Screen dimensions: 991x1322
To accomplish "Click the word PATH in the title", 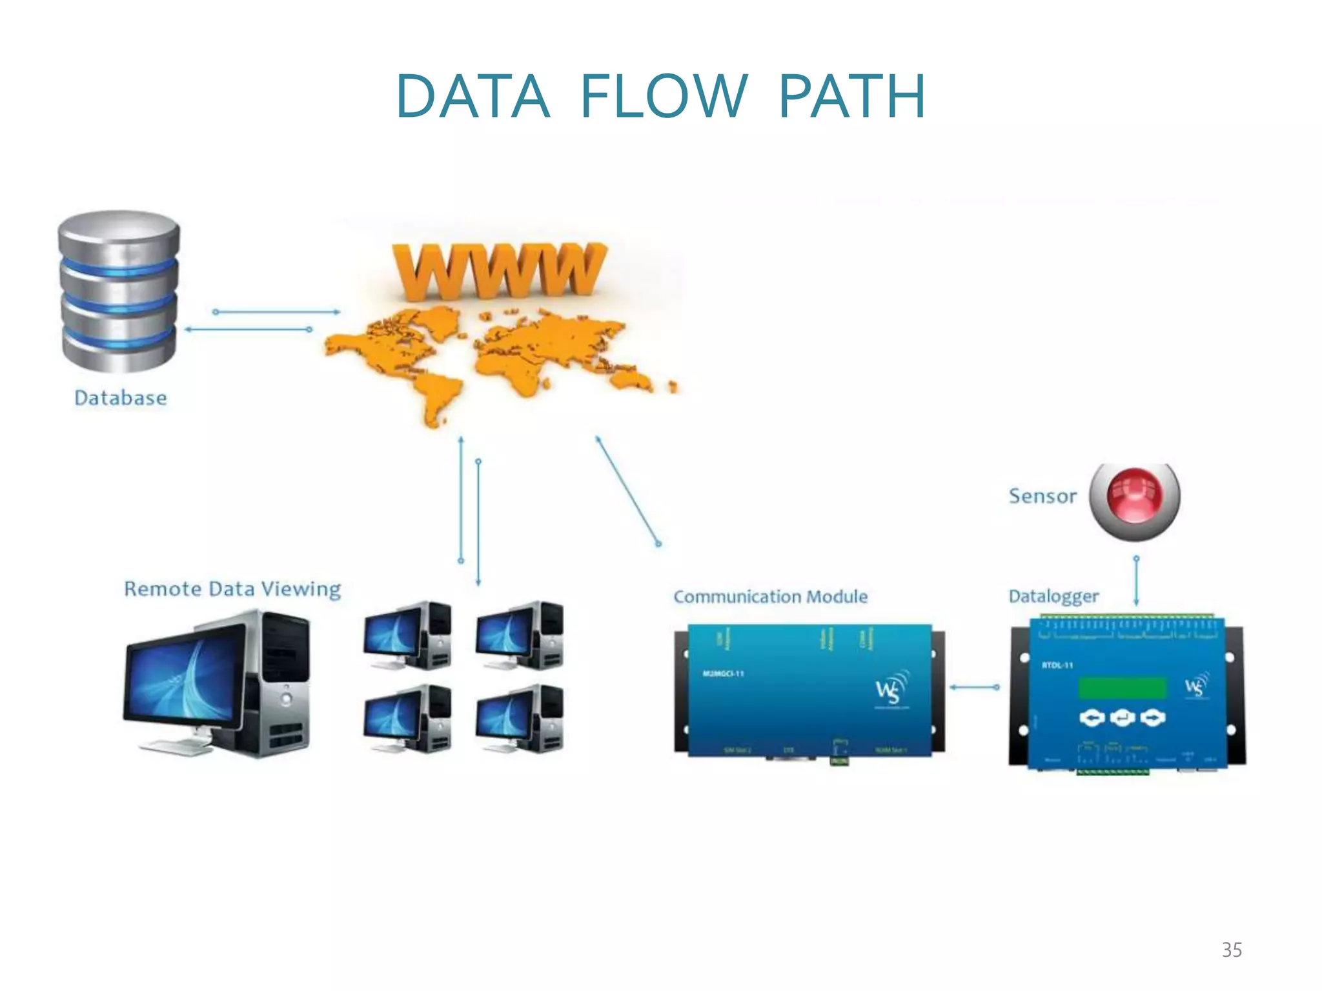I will pos(852,97).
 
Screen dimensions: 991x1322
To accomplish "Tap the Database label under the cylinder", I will pos(121,398).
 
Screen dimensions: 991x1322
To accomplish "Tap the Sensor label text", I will pos(1042,496).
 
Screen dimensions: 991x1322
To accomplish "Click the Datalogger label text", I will pos(1053,596).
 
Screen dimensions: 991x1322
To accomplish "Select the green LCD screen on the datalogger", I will pos(1122,688).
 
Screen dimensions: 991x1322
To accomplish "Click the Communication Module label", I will pos(770,597).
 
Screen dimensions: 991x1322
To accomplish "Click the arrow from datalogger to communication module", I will pos(974,688).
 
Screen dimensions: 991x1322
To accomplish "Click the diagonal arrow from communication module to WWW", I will pos(627,490).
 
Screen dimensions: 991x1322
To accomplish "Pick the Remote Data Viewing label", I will pos(232,589).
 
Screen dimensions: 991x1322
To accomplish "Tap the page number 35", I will pos(1232,950).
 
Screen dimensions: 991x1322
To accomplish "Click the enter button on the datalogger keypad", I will pos(1122,717).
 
